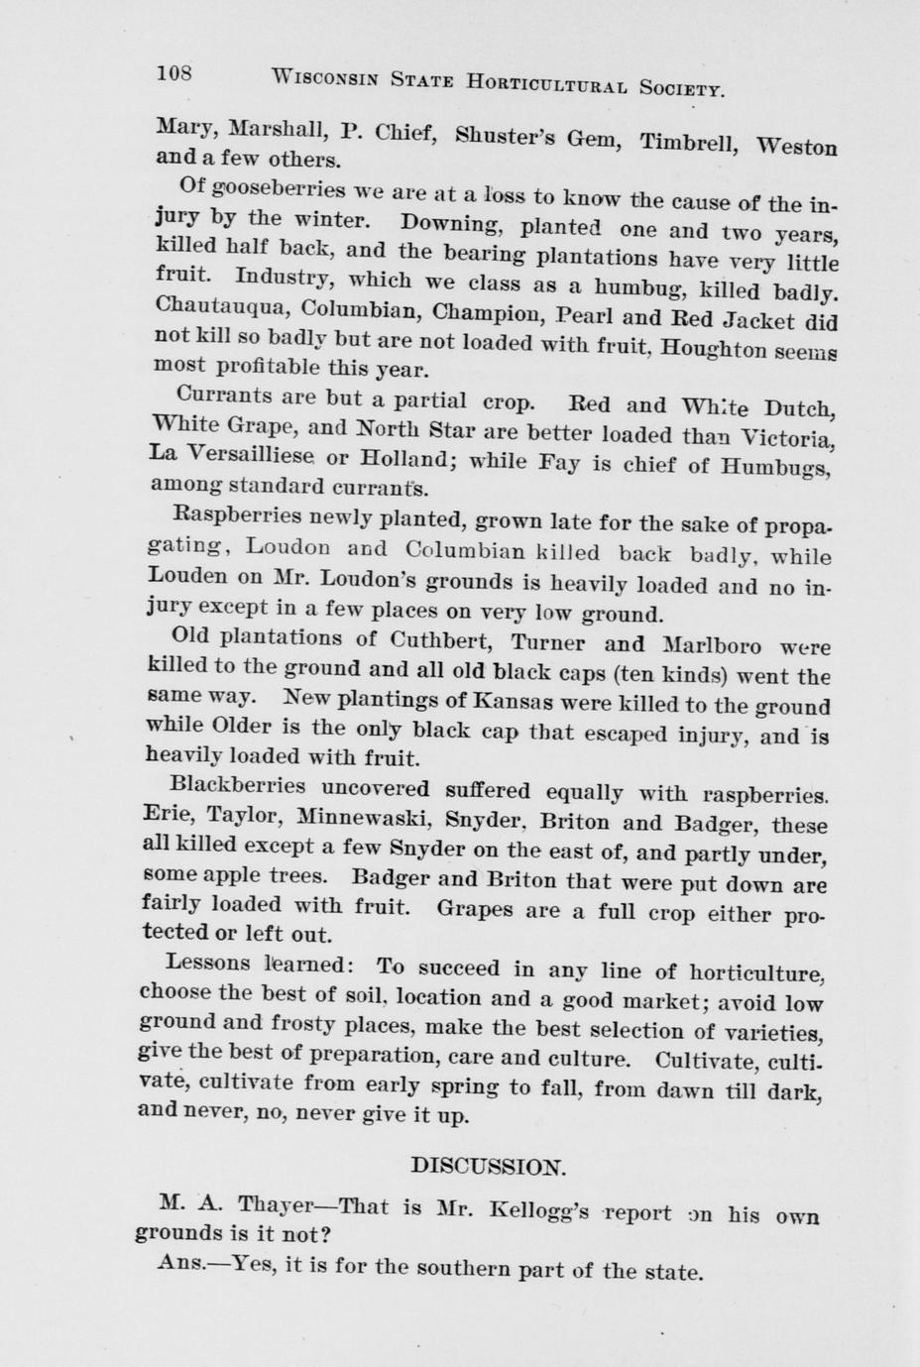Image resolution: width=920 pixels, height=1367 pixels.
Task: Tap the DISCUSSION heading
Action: (x=488, y=1165)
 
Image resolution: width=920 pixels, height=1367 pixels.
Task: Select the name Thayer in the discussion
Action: (x=276, y=1205)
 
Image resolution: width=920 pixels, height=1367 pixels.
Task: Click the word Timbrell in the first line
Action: (x=686, y=142)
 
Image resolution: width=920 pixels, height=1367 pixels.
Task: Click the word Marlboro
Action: (x=707, y=646)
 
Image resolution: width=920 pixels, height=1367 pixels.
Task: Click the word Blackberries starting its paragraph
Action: (x=238, y=785)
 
